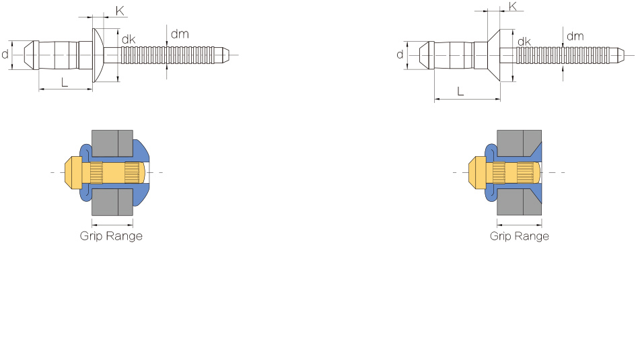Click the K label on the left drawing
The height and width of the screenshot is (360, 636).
(120, 11)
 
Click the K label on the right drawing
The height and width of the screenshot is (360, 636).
(513, 7)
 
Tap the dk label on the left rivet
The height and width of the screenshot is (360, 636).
(129, 39)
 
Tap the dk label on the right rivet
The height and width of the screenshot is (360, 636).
(524, 41)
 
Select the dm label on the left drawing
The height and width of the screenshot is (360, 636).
(180, 34)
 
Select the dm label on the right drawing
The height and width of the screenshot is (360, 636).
(575, 36)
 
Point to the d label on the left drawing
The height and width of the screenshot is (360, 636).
(5, 54)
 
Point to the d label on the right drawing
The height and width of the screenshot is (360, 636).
(400, 55)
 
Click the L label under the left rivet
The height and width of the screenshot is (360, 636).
(65, 83)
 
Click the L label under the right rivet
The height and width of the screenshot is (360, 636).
(460, 92)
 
